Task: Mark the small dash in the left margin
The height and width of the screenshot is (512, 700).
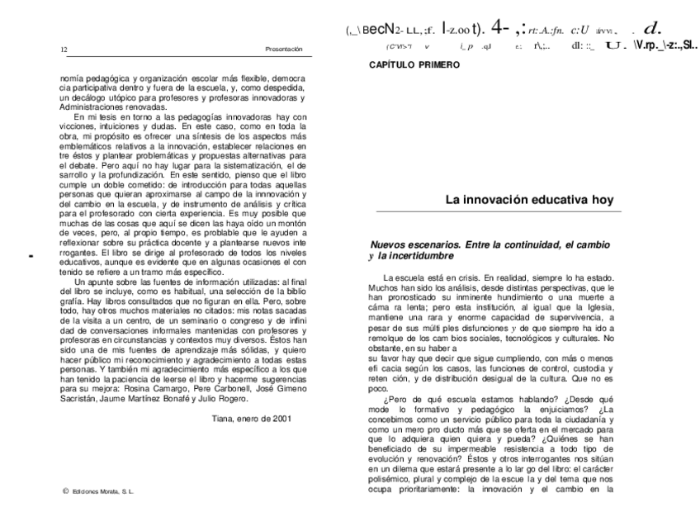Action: tap(30, 257)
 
